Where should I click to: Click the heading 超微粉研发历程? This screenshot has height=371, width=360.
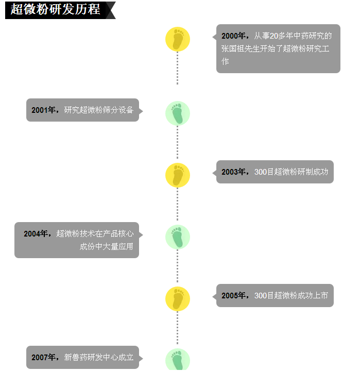click(x=56, y=10)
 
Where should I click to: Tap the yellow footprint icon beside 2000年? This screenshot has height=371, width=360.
click(x=178, y=39)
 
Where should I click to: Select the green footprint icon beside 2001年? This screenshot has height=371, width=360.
click(x=178, y=113)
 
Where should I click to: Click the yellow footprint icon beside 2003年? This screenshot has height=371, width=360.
click(x=178, y=175)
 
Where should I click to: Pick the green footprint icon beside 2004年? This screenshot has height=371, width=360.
click(x=178, y=237)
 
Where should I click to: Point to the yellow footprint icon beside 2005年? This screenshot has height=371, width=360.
click(x=178, y=299)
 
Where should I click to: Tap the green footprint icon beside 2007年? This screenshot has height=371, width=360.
click(x=178, y=360)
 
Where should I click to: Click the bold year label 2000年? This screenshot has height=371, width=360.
click(x=234, y=36)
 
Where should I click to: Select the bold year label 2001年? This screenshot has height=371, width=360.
click(x=44, y=110)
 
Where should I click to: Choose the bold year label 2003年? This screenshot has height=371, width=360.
click(x=234, y=172)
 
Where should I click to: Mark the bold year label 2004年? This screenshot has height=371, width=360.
click(x=36, y=234)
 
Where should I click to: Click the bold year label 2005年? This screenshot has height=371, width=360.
click(x=234, y=296)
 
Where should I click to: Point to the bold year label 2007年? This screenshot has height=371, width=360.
click(x=44, y=358)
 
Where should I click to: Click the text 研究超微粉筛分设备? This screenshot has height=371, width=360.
click(x=99, y=110)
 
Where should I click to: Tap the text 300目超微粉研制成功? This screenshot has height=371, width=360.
click(x=291, y=172)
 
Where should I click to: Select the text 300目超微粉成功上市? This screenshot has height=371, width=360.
click(x=291, y=296)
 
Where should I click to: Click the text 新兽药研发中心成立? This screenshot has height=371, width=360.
click(x=99, y=358)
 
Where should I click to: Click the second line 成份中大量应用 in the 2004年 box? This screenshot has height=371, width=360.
click(x=106, y=247)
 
